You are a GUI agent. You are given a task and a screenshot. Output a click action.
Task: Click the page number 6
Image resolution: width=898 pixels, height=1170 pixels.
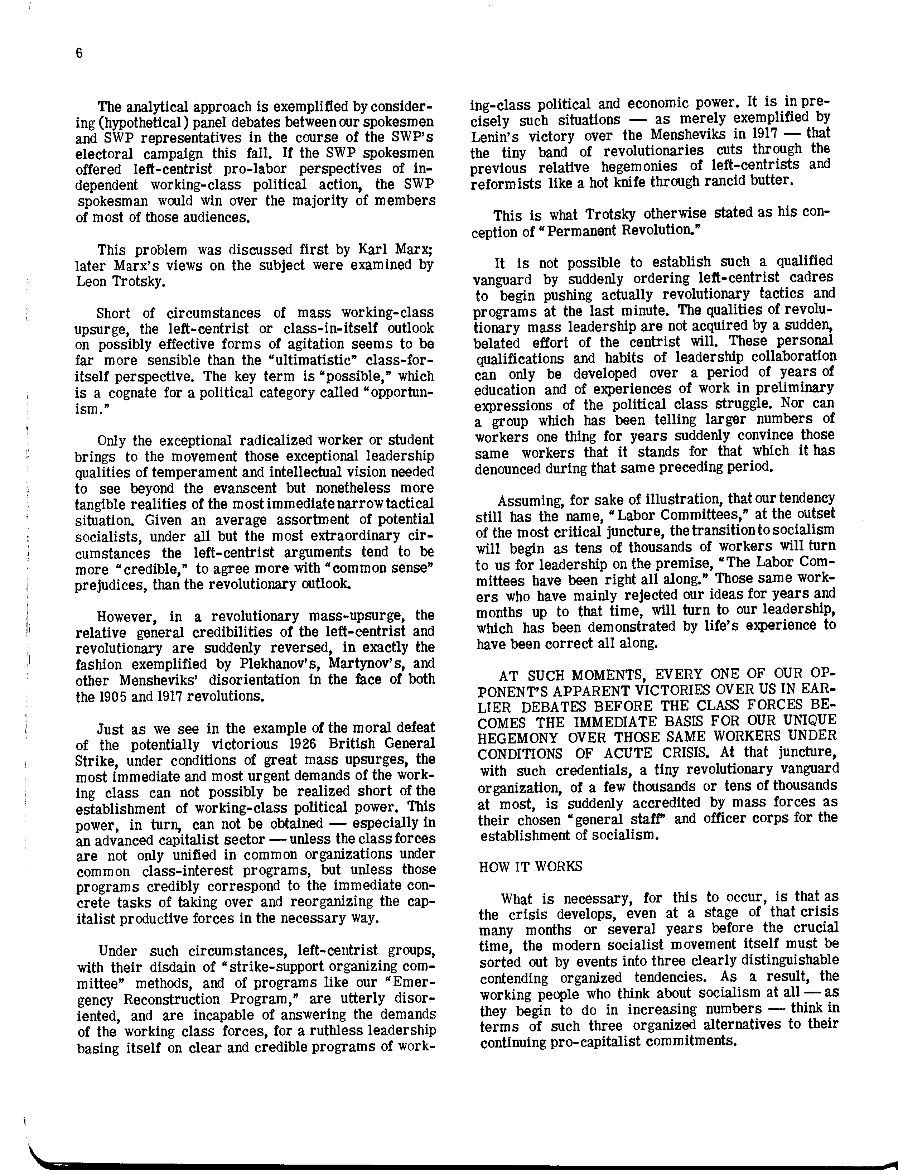click(x=79, y=53)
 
